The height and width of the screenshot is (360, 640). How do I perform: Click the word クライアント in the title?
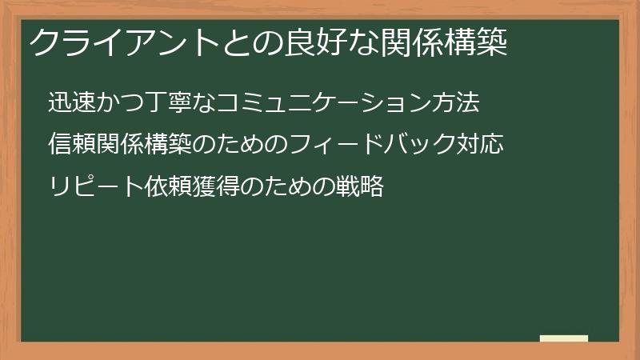(110, 42)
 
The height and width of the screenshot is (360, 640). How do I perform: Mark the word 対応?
(480, 146)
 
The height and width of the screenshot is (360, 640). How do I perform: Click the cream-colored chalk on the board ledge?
(564, 338)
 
